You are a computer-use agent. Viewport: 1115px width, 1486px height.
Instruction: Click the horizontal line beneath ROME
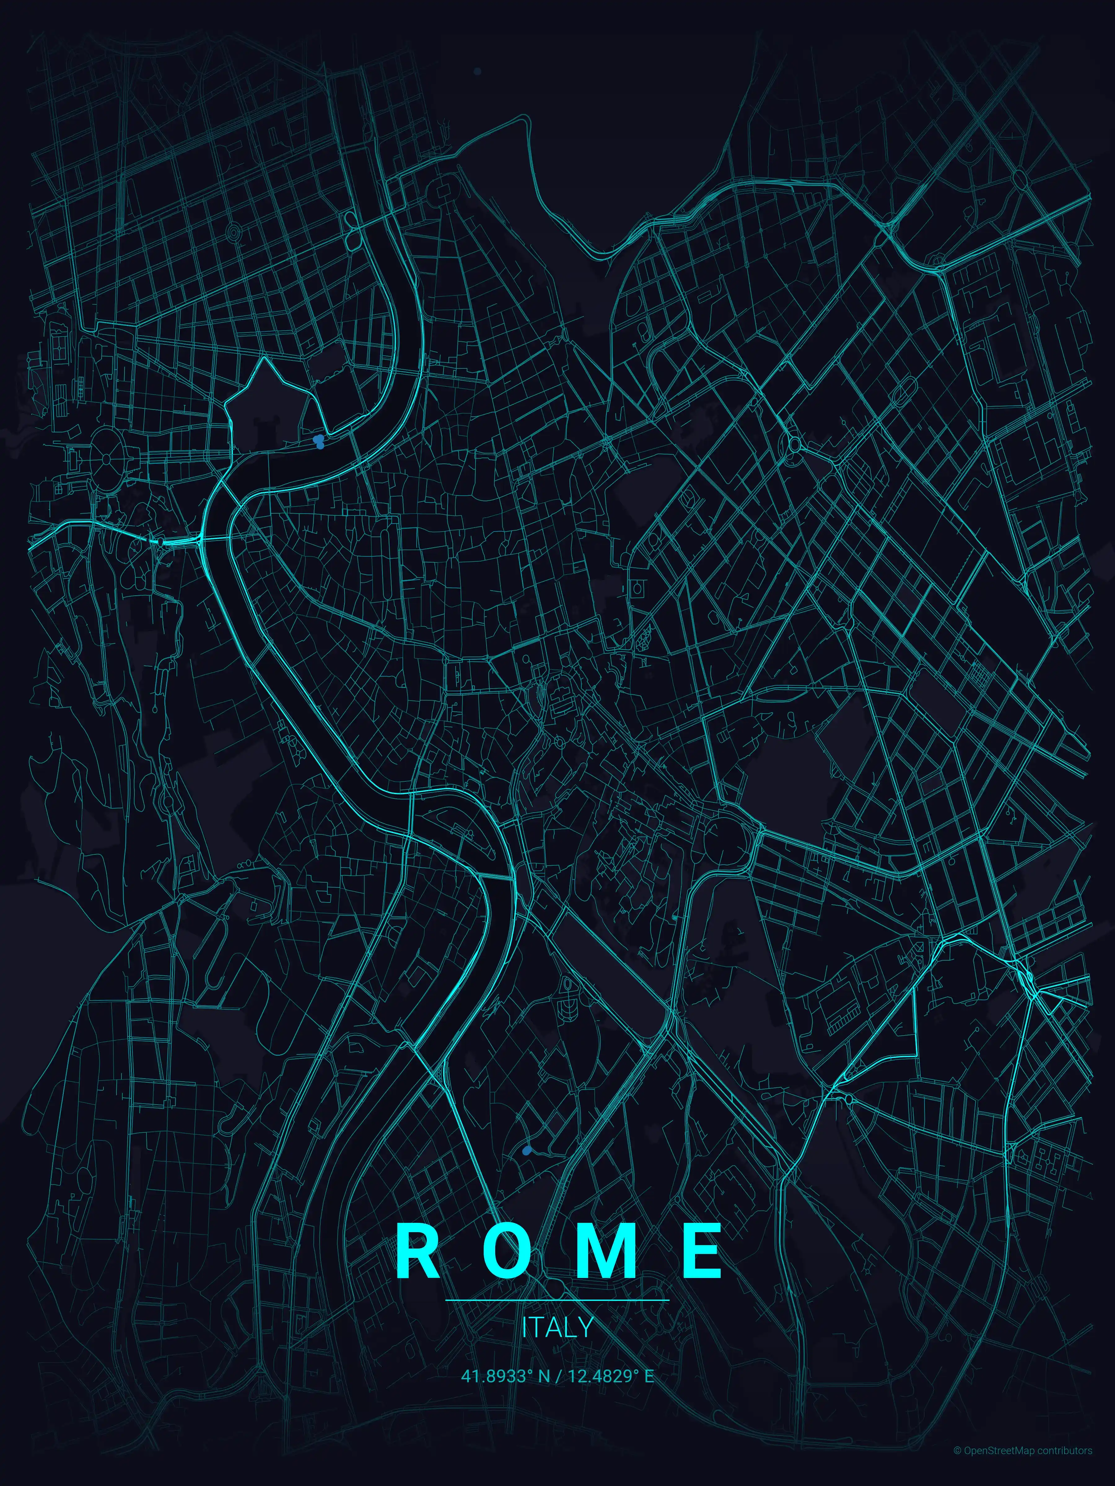[557, 1300]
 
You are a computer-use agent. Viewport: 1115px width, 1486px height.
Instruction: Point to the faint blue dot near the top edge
[477, 71]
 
